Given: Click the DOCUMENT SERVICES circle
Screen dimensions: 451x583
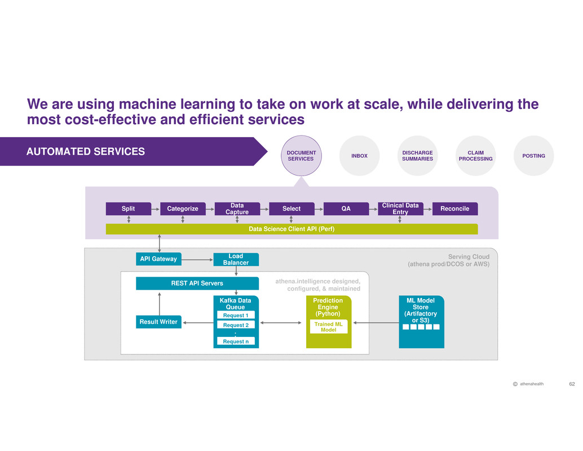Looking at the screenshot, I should (x=301, y=156).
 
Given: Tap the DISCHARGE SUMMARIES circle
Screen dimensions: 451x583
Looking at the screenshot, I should (x=417, y=156).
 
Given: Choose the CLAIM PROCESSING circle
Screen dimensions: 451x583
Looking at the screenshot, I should (x=475, y=156).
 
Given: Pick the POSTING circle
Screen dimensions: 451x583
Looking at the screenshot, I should (x=533, y=156).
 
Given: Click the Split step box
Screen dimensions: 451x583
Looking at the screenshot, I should (x=129, y=209).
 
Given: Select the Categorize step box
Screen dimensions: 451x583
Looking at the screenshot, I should (x=183, y=209).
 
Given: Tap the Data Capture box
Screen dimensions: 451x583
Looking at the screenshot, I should (x=237, y=209).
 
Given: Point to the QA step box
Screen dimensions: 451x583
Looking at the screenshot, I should (x=346, y=209).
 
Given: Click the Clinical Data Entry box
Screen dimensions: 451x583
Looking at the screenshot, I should (x=400, y=209).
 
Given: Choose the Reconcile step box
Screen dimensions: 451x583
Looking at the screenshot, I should (x=454, y=209).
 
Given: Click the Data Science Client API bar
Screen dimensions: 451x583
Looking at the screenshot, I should (x=291, y=229).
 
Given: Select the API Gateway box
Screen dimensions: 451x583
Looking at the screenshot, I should (x=158, y=259).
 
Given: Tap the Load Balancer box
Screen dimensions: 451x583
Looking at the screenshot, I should (x=236, y=259).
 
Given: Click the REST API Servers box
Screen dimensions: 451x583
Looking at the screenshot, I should (x=197, y=283).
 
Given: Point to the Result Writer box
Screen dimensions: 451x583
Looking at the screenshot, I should (x=158, y=322).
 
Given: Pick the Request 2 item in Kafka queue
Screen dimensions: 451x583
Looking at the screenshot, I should (x=236, y=325).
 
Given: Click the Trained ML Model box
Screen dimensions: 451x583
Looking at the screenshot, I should (x=328, y=327).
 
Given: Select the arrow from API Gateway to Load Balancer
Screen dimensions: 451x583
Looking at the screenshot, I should (x=197, y=259).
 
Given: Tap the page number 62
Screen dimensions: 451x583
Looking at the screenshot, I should (x=572, y=384).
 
